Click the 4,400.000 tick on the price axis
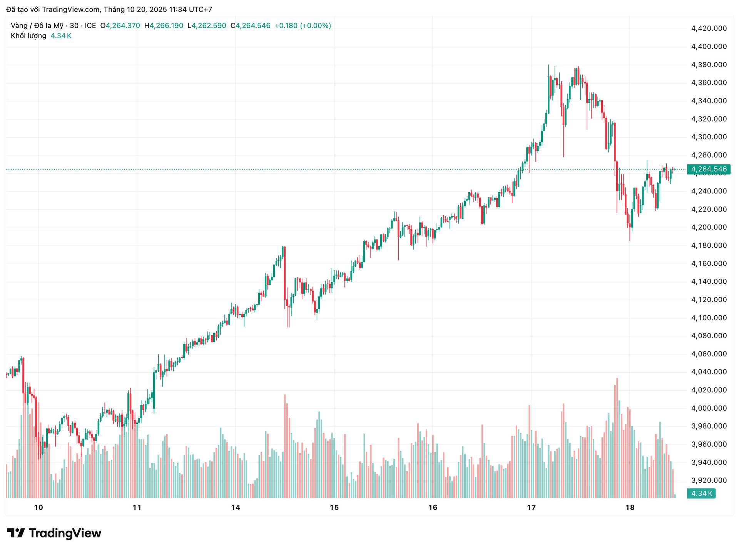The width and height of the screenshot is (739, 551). [x=709, y=47]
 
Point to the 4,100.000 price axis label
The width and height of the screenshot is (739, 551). [x=709, y=318]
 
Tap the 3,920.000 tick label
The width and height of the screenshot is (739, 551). [x=709, y=481]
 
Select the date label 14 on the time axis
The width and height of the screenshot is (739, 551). [x=236, y=508]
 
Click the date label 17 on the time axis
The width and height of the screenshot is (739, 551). [x=531, y=508]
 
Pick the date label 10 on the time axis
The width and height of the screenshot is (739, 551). [x=38, y=508]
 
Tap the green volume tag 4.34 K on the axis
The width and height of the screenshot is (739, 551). [x=701, y=493]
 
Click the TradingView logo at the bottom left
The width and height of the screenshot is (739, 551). [x=54, y=533]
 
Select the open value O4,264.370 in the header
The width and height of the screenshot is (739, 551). [x=120, y=26]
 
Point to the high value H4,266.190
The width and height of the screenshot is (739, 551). [x=164, y=26]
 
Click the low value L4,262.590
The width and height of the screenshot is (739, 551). [x=207, y=26]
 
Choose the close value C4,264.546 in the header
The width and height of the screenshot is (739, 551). [x=250, y=26]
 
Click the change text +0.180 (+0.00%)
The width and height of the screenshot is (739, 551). [x=303, y=26]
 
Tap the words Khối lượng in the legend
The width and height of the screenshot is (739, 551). [x=28, y=36]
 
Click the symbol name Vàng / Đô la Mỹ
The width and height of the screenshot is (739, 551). [x=37, y=26]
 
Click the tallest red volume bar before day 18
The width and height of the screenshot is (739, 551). [x=617, y=438]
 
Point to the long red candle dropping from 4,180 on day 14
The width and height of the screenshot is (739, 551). [x=284, y=273]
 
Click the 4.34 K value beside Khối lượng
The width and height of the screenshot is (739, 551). [x=61, y=36]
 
